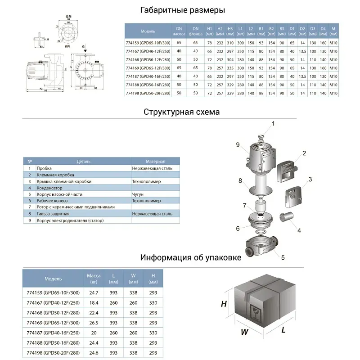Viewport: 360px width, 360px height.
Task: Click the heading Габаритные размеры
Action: pos(182,10)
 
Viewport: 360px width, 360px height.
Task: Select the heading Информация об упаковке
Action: pos(191,258)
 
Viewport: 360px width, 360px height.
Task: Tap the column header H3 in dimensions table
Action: pos(230,31)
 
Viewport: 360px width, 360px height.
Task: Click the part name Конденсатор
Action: pos(50,188)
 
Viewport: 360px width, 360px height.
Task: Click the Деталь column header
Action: pos(83,161)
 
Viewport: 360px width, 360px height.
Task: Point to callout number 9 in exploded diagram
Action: pos(238,144)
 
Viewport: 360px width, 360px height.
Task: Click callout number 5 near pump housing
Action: pos(283,257)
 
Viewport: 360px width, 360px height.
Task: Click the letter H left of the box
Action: pos(223,304)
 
